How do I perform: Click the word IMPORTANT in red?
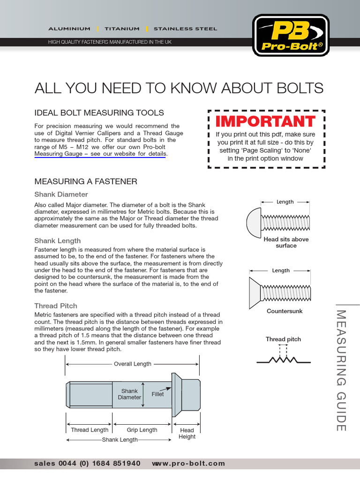(x=265, y=121)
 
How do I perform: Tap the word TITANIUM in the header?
(x=122, y=29)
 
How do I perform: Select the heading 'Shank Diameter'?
(x=61, y=194)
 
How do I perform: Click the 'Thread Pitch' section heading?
(x=56, y=306)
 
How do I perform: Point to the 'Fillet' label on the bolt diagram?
(x=158, y=394)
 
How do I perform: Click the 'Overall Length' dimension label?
(x=133, y=364)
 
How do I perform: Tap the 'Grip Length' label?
(x=142, y=430)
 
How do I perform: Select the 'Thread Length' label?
(x=90, y=430)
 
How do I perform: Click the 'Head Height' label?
(x=187, y=434)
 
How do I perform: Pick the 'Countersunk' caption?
(x=285, y=311)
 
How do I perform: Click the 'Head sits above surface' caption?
(x=286, y=242)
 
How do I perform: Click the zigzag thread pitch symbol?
(x=284, y=360)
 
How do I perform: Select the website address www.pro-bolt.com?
(x=188, y=464)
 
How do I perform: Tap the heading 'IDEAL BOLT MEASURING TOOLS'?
(x=99, y=112)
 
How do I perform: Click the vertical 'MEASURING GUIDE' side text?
(x=341, y=370)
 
